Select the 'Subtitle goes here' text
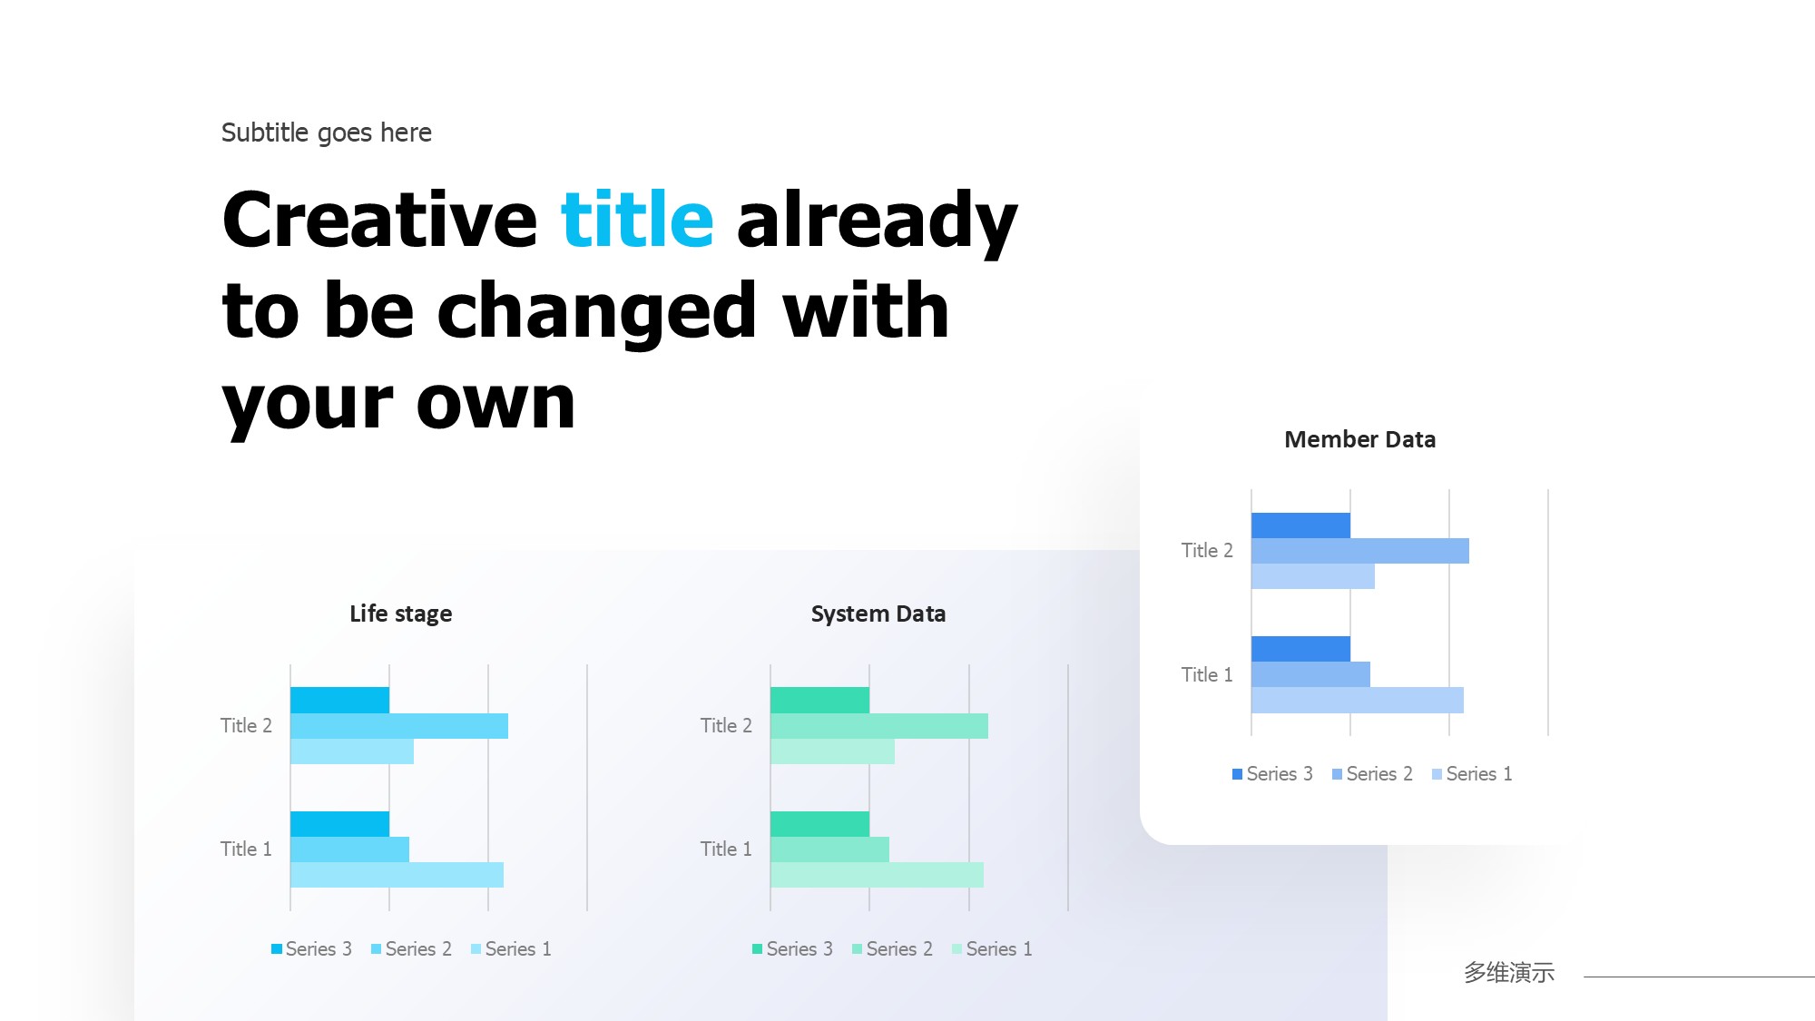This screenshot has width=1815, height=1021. [327, 133]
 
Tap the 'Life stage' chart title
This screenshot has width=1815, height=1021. [400, 614]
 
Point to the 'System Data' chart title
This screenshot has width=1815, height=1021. [878, 614]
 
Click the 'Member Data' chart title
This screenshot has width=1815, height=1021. [1359, 440]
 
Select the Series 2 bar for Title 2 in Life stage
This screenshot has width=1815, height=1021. [399, 726]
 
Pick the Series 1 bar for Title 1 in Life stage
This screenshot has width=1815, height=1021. [397, 875]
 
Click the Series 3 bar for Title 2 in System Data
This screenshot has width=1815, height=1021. [819, 700]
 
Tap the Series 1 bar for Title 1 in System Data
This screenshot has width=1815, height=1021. [877, 875]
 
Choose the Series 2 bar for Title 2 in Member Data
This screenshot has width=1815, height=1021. [1359, 551]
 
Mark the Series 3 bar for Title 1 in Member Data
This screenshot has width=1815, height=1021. [1300, 649]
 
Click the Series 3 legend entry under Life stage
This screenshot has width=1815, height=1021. [311, 949]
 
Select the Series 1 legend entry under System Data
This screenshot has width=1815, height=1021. [992, 949]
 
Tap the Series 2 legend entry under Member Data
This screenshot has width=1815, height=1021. [1372, 774]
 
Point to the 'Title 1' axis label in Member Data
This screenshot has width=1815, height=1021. [1207, 674]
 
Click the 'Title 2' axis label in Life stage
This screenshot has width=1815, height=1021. [246, 726]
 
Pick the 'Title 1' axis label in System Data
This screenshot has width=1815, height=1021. [726, 849]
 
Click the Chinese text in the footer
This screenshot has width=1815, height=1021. [1509, 973]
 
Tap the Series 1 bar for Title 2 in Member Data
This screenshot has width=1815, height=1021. [1312, 576]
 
